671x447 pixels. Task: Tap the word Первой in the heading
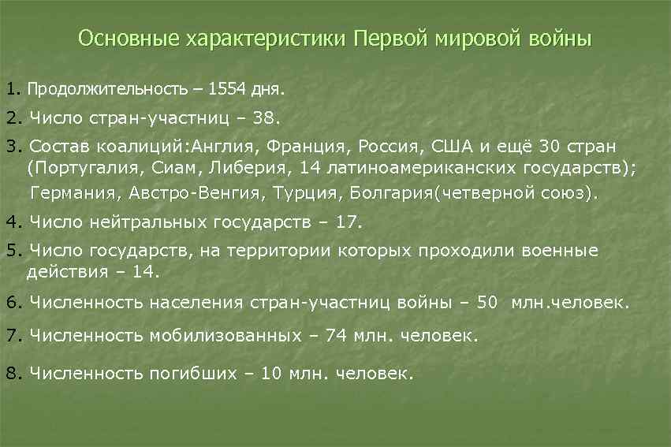pos(390,39)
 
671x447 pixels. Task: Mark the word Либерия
pos(228,167)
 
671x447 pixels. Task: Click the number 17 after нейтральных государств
pos(347,222)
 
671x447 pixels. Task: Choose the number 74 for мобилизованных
pos(336,336)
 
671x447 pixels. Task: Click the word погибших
pos(192,373)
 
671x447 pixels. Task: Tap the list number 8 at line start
pos(10,373)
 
